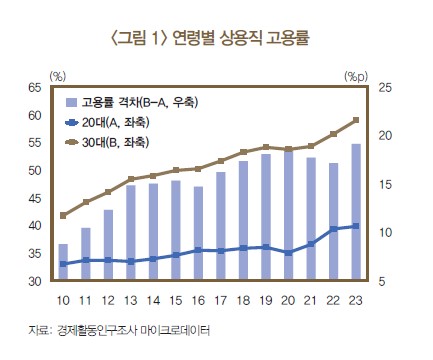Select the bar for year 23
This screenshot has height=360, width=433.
[x=356, y=213]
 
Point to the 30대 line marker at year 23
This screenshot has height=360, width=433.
[x=356, y=121]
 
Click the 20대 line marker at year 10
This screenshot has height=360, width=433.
[x=63, y=264]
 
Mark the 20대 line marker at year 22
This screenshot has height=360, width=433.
[x=333, y=229]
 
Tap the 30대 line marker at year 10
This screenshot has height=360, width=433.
[x=63, y=215]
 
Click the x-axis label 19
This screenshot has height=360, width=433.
[x=265, y=300]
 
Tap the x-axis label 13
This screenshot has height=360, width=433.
[x=130, y=300]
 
